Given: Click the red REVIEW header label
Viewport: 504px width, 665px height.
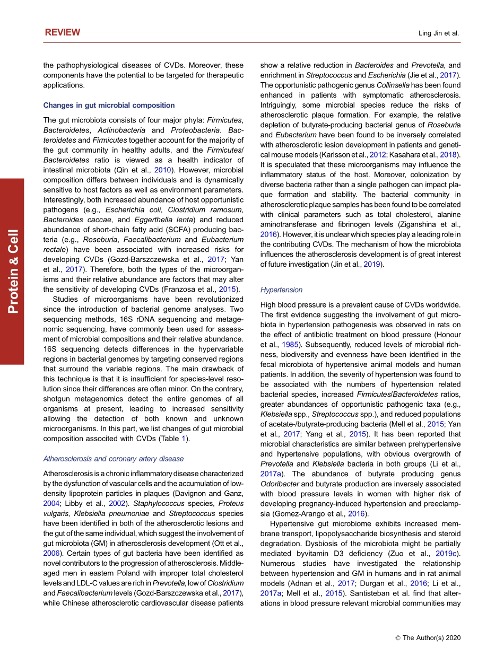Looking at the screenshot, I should pos(62,32).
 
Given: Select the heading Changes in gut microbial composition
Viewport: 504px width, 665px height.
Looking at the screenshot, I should pos(109,106).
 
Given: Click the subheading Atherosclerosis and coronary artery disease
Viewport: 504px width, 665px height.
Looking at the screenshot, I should pos(114,459).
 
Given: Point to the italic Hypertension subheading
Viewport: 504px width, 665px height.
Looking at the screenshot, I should pos(281,290).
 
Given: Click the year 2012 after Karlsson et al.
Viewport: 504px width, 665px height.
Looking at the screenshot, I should pos(377,154).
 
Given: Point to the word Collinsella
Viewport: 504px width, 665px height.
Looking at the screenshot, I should pos(393,85).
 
